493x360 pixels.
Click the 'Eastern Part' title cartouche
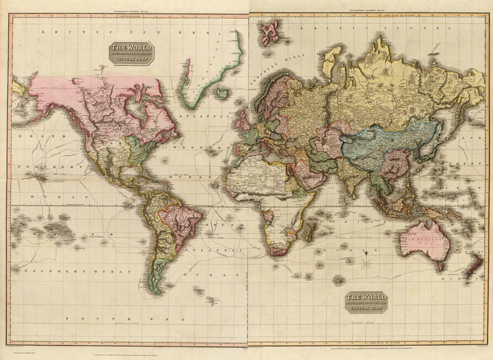tap(366, 301)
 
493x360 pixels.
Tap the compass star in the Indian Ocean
tap(366, 262)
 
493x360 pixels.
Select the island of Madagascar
tap(308, 231)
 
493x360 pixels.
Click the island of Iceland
tap(221, 94)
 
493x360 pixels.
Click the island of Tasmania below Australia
tap(440, 266)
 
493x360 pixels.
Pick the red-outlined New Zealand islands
tap(472, 268)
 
